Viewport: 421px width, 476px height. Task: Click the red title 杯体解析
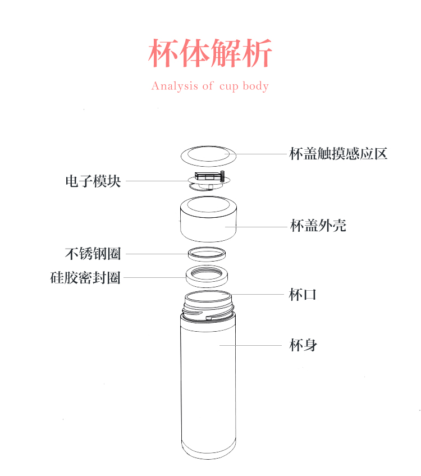210,54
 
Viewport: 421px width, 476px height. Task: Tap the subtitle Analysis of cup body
210,86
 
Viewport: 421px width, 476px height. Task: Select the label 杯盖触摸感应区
338,153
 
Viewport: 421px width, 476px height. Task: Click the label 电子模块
93,181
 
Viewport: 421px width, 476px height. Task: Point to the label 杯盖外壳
318,226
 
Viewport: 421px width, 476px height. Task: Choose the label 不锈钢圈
93,253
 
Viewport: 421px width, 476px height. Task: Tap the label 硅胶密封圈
85,277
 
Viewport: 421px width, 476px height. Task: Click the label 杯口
303,294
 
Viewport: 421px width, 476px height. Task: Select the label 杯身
303,345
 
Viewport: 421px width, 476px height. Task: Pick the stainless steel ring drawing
207,253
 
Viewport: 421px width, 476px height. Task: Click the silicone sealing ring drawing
207,277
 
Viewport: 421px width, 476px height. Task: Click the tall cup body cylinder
208,382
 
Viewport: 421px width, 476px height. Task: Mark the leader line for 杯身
253,345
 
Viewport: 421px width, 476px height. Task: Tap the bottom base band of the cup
208,449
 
